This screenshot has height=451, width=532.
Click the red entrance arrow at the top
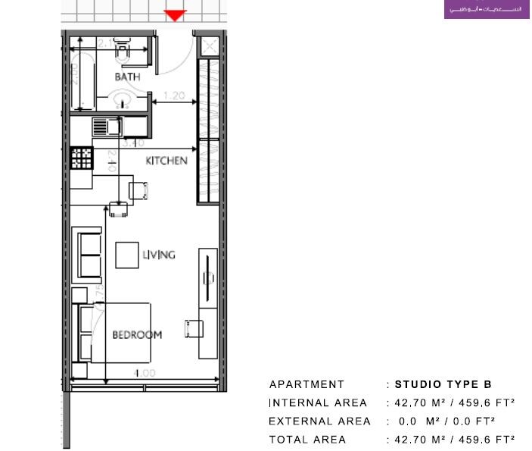click(x=175, y=15)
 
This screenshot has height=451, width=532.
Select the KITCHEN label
click(x=166, y=161)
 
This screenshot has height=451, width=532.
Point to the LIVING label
click(x=159, y=255)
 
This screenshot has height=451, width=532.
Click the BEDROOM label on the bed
click(x=137, y=334)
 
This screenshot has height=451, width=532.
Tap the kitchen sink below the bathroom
click(x=105, y=127)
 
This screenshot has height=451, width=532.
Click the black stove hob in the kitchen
click(x=81, y=158)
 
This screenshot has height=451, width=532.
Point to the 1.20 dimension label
click(x=175, y=96)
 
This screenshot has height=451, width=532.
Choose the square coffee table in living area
click(x=126, y=255)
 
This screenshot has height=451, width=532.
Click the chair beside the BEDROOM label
click(x=194, y=329)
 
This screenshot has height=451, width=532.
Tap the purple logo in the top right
click(x=486, y=10)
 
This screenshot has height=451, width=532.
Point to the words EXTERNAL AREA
click(x=319, y=421)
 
